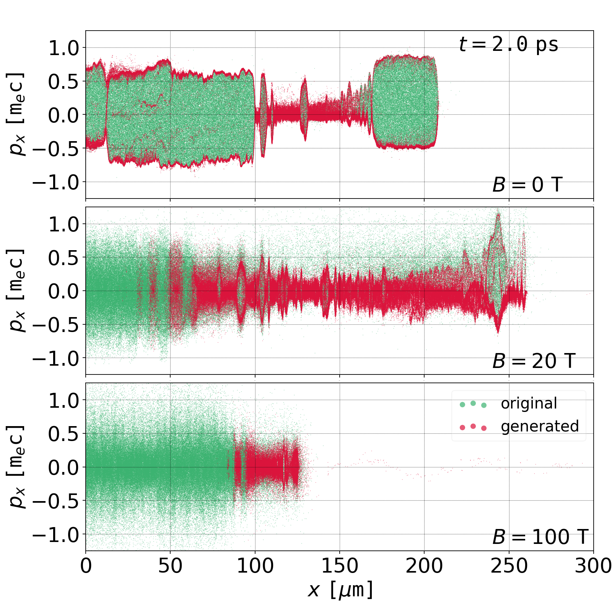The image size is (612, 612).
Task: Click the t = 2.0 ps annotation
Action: (x=508, y=44)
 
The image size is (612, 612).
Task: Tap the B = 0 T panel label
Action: (x=527, y=185)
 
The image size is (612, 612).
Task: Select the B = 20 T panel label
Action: (x=534, y=361)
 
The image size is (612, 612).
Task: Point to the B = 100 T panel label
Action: (x=540, y=537)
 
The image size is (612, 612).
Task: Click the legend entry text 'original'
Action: (x=529, y=404)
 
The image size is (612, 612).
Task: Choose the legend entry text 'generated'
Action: (x=540, y=426)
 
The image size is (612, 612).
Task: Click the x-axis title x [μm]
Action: (x=340, y=590)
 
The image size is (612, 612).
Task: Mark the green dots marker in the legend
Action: (x=473, y=404)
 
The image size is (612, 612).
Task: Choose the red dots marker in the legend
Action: (x=473, y=427)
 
